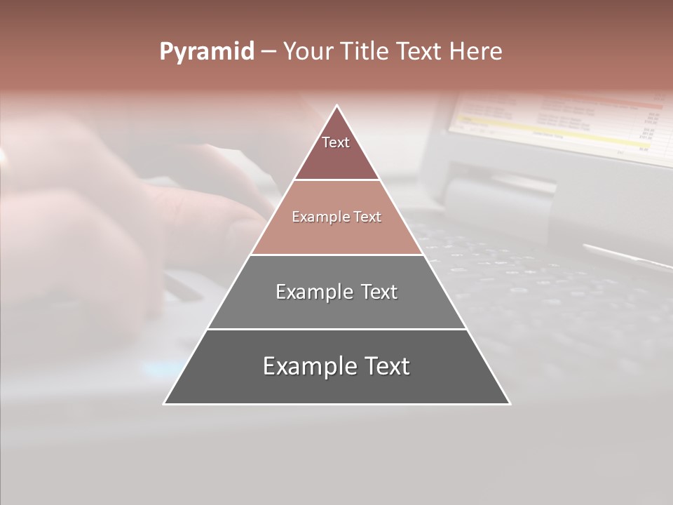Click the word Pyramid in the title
pyautogui.click(x=206, y=52)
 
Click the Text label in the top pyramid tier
pyautogui.click(x=336, y=142)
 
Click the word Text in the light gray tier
pyautogui.click(x=379, y=292)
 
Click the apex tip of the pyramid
pyautogui.click(x=337, y=106)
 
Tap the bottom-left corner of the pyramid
pyautogui.click(x=165, y=403)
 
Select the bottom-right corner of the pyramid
pyautogui.click(x=510, y=403)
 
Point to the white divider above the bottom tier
pyautogui.click(x=336, y=329)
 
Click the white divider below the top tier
pyautogui.click(x=336, y=180)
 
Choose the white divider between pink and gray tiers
pyautogui.click(x=336, y=255)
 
